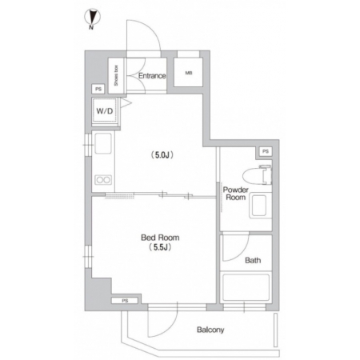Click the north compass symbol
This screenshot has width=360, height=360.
[x=92, y=18]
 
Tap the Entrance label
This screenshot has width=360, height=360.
[x=152, y=76]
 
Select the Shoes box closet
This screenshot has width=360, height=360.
[x=116, y=76]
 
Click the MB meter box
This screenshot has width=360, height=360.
[x=188, y=73]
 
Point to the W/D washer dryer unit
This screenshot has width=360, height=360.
[x=105, y=111]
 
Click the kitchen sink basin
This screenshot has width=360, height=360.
[x=103, y=143]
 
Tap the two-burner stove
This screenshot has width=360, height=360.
[x=103, y=180]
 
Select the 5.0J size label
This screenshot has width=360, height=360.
[x=162, y=155]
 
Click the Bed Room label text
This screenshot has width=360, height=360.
[x=160, y=238]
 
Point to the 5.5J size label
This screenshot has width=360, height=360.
[x=160, y=247]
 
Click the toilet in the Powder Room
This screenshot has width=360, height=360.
[x=258, y=175]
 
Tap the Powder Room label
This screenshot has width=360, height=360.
[x=235, y=194]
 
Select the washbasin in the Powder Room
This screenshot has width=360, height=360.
[x=258, y=206]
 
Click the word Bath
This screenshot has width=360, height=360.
[x=253, y=260]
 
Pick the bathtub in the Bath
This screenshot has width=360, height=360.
[x=246, y=287]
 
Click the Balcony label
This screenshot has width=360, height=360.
[x=210, y=330]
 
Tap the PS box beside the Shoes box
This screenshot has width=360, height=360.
[x=98, y=89]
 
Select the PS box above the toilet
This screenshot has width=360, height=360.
[x=266, y=151]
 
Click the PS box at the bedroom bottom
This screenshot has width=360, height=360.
[x=125, y=301]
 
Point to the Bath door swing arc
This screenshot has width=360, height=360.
[x=242, y=254]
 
